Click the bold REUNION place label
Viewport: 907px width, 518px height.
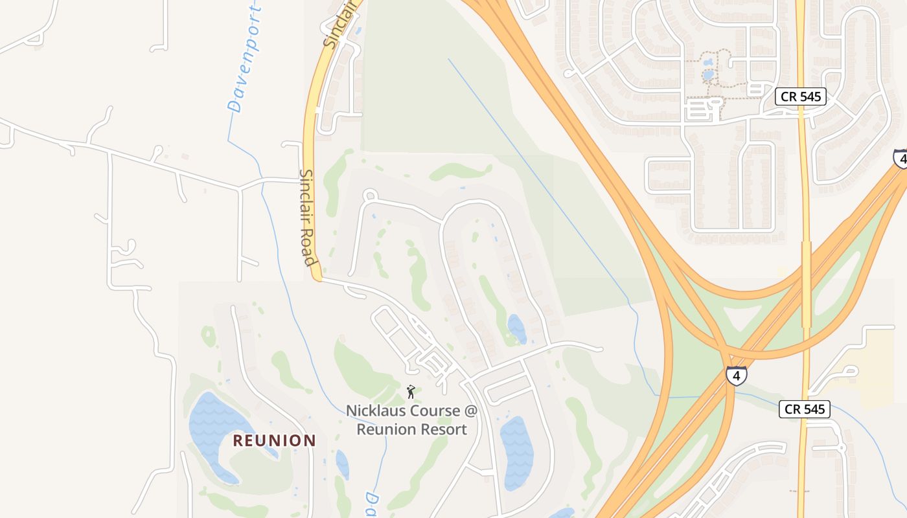coord(274,440)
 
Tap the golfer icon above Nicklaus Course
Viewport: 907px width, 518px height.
coord(410,391)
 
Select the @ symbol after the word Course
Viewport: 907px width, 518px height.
coord(471,411)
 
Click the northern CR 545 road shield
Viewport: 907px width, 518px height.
coord(801,97)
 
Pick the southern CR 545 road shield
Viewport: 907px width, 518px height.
coord(805,409)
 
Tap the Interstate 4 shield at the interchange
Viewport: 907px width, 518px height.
coord(735,375)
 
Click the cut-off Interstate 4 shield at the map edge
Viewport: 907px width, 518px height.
coord(901,159)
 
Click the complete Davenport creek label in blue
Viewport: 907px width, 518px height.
coord(245,58)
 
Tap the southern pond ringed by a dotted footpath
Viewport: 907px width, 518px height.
coord(707,76)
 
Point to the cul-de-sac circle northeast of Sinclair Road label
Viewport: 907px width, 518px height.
coord(370,194)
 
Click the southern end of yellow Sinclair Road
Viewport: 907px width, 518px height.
coord(317,277)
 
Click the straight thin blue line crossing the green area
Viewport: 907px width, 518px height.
coord(538,175)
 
